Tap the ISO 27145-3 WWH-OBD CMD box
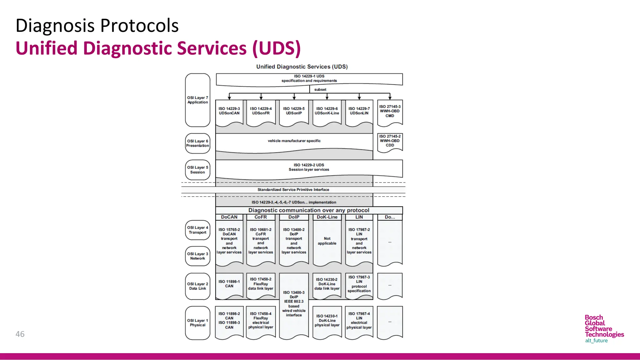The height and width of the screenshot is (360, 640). (x=390, y=112)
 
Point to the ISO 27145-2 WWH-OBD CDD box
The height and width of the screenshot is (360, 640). (x=390, y=141)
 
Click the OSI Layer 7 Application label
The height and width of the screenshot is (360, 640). (x=197, y=100)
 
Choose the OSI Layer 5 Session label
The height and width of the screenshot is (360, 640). (x=197, y=170)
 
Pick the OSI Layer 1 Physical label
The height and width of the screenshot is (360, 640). (x=197, y=323)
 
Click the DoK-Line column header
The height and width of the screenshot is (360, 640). (x=327, y=217)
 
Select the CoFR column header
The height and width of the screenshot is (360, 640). (x=261, y=217)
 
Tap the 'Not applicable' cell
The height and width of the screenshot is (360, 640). (x=327, y=241)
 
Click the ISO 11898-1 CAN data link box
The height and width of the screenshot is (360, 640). (x=229, y=284)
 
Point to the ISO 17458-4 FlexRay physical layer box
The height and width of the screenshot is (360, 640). (x=261, y=321)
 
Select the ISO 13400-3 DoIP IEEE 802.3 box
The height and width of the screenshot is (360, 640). (x=294, y=304)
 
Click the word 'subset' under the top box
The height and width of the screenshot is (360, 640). (x=320, y=90)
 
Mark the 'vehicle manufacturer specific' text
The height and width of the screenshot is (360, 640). (x=294, y=141)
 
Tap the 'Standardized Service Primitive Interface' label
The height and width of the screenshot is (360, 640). (x=293, y=190)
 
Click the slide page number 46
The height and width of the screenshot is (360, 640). (x=20, y=334)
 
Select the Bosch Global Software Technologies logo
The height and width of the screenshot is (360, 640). (x=604, y=329)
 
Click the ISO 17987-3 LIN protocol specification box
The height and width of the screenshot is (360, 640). (x=359, y=284)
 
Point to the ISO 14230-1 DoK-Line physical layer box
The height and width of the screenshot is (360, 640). (x=327, y=321)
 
